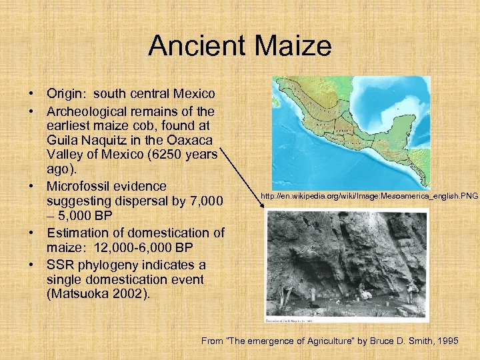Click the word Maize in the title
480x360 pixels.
point(293,46)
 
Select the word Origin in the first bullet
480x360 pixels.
point(65,95)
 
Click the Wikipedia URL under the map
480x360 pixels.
point(369,197)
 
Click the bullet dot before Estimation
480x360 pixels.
point(31,233)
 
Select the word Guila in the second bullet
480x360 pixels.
point(63,140)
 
